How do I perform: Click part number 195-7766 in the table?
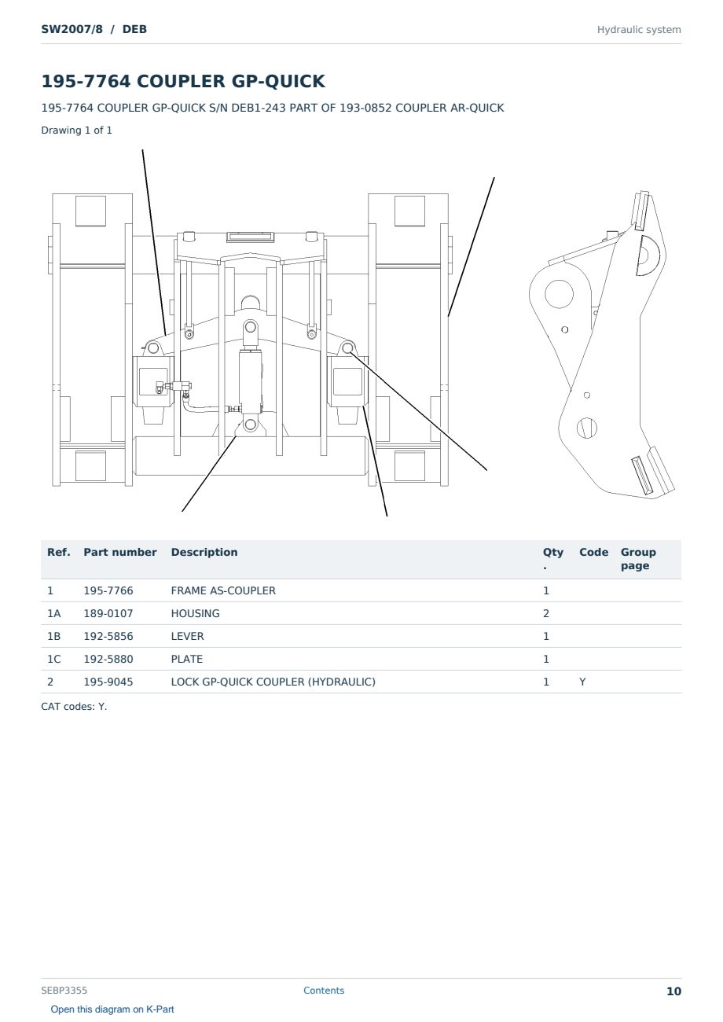point(108,590)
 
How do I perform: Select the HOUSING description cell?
point(195,613)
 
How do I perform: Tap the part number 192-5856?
point(108,636)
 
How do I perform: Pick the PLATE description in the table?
point(186,659)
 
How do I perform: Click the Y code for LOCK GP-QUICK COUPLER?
point(582,682)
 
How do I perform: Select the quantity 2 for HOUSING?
point(546,613)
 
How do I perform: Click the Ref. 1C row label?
point(53,659)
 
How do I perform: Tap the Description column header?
point(204,552)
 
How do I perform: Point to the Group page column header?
point(638,559)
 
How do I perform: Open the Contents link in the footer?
point(324,991)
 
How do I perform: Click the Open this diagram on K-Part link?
point(112,1009)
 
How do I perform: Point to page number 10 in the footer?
point(673,991)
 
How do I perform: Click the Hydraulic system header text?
point(639,30)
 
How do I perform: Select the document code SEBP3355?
point(64,991)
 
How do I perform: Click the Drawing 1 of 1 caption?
point(77,130)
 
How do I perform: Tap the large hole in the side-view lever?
point(559,294)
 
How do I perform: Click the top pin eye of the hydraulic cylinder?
point(250,327)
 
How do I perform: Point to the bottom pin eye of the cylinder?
point(250,425)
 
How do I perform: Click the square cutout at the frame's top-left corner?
point(91,211)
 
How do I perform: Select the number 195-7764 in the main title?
point(86,81)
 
